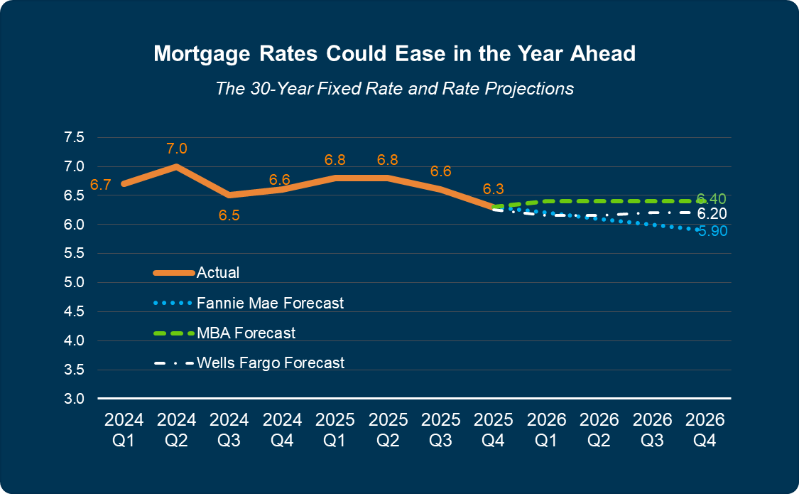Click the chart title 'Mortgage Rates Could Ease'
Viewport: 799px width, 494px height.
point(394,54)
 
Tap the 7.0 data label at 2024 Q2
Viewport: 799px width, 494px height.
point(177,149)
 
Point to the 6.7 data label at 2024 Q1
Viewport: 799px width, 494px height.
point(100,186)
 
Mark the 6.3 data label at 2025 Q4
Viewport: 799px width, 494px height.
point(494,189)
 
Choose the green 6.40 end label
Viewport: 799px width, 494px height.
point(711,198)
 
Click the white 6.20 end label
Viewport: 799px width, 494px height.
point(711,214)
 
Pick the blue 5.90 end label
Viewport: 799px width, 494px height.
point(712,231)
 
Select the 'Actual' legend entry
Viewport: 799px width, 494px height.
point(217,273)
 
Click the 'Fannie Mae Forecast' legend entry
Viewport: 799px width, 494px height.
point(270,304)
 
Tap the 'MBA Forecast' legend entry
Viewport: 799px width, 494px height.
point(246,333)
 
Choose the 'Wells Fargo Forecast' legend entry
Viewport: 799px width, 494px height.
point(270,363)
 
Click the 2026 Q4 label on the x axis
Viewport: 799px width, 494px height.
point(705,429)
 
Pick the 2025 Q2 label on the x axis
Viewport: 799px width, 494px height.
point(388,429)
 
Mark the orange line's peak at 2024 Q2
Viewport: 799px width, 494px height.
point(176,166)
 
